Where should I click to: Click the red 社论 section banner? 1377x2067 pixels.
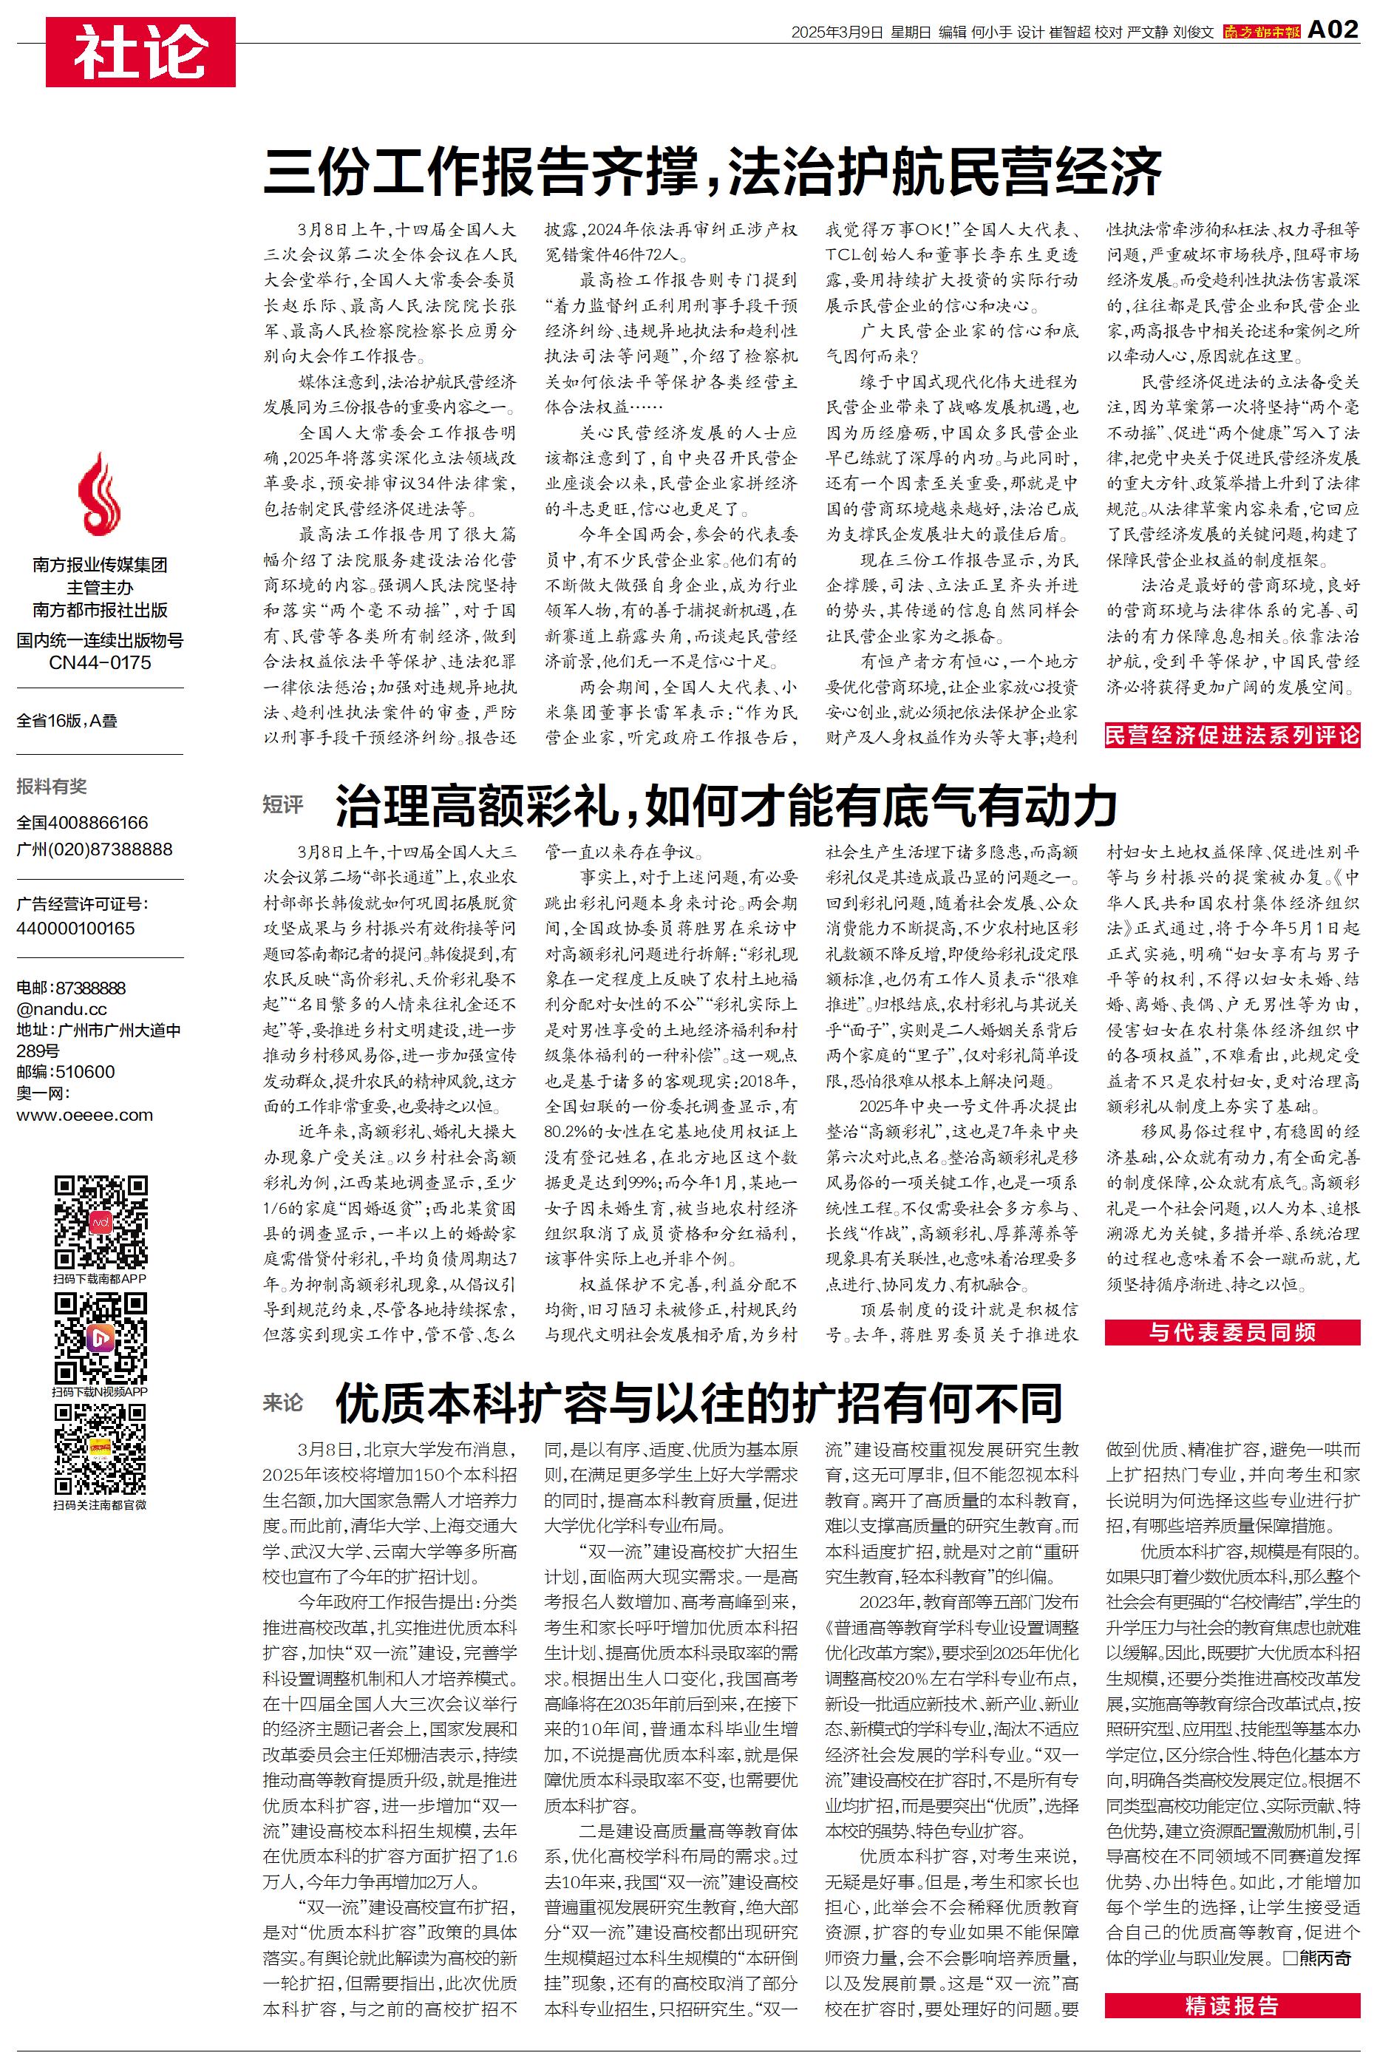click(140, 52)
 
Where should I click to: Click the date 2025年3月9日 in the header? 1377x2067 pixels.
click(836, 33)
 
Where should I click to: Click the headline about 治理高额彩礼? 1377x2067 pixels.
click(725, 806)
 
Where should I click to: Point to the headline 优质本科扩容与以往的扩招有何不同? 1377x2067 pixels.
click(698, 1402)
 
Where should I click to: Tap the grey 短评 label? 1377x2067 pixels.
click(283, 804)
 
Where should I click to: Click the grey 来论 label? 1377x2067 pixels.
click(283, 1402)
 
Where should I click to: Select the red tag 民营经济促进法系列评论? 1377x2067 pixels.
click(1232, 735)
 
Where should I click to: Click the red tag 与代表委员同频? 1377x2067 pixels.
click(1232, 1332)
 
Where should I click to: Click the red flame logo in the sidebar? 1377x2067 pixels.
click(99, 495)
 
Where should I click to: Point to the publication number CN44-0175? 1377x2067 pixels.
click(100, 663)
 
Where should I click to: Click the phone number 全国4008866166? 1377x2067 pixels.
click(83, 823)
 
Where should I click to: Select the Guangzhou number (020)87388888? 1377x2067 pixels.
click(95, 849)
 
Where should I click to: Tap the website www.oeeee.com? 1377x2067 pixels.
click(84, 1115)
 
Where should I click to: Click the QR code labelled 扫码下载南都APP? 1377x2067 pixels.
click(100, 1221)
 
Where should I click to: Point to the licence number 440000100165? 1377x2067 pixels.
click(75, 928)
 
